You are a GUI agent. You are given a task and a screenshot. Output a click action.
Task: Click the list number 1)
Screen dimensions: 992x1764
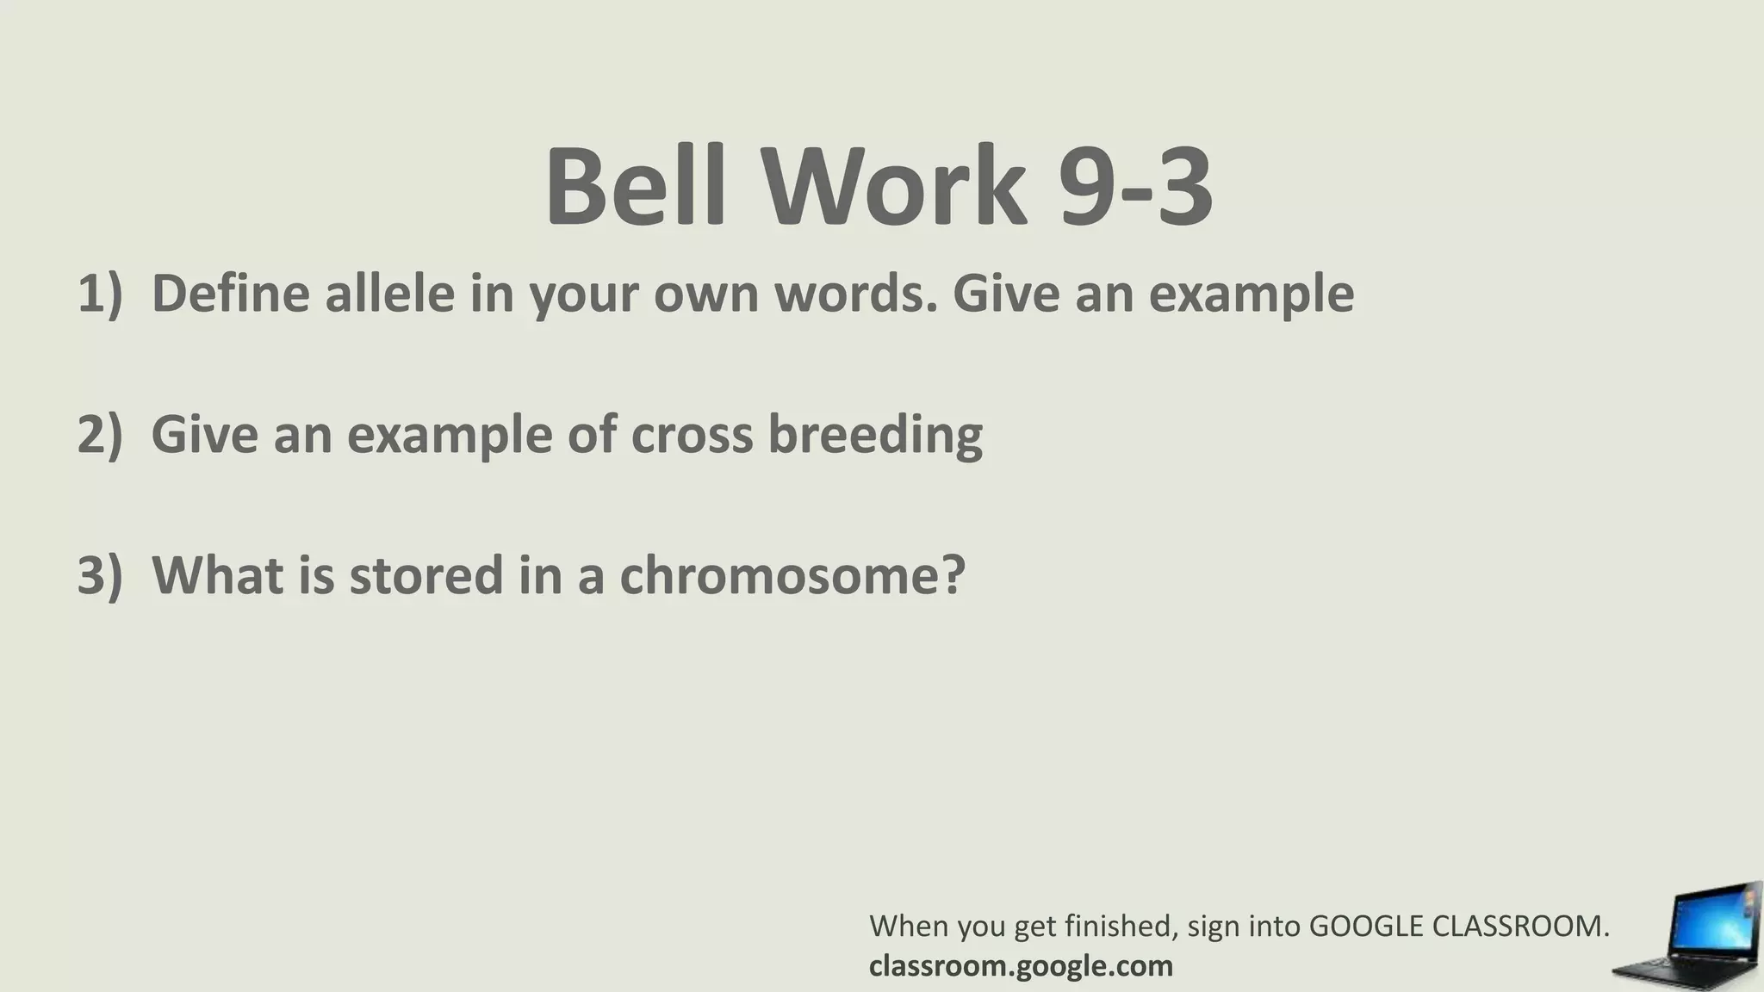(x=100, y=293)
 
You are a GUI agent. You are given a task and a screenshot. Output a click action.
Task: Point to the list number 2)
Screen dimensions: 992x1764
(x=100, y=434)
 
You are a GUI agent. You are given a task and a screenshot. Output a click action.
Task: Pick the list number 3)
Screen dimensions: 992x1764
(x=100, y=575)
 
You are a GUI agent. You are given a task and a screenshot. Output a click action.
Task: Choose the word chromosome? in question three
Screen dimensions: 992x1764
(x=792, y=575)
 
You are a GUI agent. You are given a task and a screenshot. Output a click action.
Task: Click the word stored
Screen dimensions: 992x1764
(x=426, y=575)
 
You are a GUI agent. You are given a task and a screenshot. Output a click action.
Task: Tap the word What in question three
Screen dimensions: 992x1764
(x=218, y=575)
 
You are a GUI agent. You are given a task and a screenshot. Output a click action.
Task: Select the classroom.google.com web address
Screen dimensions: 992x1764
(x=1021, y=966)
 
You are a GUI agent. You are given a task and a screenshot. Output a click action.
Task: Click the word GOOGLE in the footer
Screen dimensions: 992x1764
(x=1366, y=927)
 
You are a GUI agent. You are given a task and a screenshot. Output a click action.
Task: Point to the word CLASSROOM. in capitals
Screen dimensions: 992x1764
(x=1521, y=927)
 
